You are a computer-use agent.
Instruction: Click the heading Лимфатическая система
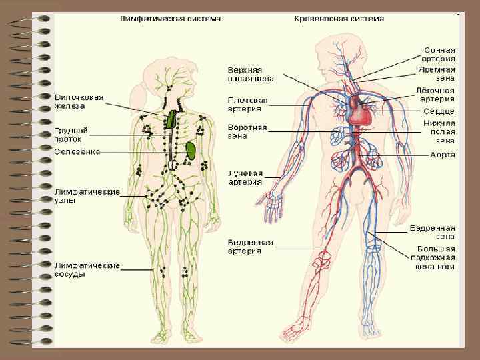169,19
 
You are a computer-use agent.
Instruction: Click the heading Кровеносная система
339,19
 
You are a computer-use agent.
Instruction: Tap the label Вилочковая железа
79,101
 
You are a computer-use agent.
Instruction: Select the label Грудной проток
71,135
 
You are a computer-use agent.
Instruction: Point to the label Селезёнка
77,151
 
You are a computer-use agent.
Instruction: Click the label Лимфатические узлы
87,195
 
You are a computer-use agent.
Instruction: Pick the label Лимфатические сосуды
87,269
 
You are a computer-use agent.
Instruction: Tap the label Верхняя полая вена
250,73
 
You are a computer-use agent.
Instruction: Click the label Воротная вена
247,131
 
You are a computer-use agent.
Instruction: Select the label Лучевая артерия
245,177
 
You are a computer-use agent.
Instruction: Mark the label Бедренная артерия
250,247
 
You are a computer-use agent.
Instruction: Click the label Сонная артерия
440,54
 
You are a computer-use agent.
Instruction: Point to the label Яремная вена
437,73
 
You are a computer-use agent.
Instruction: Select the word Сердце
439,111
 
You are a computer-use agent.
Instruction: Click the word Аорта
443,155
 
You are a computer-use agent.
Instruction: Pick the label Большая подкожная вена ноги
432,257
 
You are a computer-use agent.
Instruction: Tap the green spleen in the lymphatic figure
191,149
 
